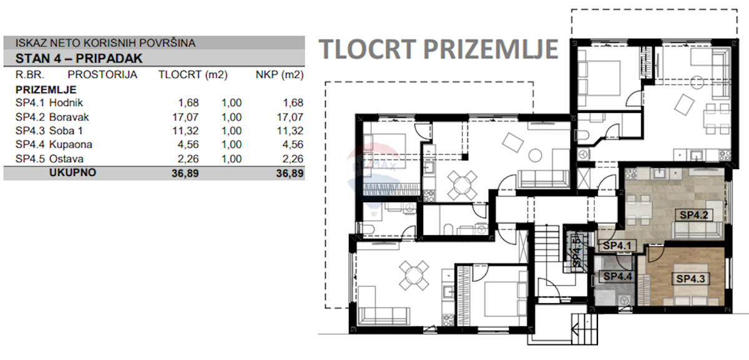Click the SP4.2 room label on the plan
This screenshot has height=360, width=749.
point(694,215)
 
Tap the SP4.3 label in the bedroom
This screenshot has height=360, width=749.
point(690,278)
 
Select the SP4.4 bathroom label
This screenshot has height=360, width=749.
point(617,276)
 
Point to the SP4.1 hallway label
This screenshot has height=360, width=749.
point(617,246)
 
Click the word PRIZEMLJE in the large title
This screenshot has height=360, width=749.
point(491,49)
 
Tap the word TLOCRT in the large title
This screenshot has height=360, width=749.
point(367,49)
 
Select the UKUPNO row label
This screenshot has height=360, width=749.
point(72,172)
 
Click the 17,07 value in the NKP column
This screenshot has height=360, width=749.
point(290,117)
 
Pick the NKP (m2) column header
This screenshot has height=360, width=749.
point(280,75)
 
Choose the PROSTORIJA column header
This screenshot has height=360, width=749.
point(102,74)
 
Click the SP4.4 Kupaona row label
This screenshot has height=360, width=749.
point(54,145)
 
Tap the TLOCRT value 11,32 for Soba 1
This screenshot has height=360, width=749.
point(185,130)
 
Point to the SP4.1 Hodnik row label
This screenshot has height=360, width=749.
point(49,102)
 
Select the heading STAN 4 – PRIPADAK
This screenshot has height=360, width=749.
point(79,59)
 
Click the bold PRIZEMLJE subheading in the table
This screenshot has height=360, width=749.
point(46,90)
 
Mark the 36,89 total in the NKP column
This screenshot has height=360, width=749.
point(290,173)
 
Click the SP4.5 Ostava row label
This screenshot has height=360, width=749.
point(49,158)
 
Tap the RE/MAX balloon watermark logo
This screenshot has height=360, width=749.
point(373,177)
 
